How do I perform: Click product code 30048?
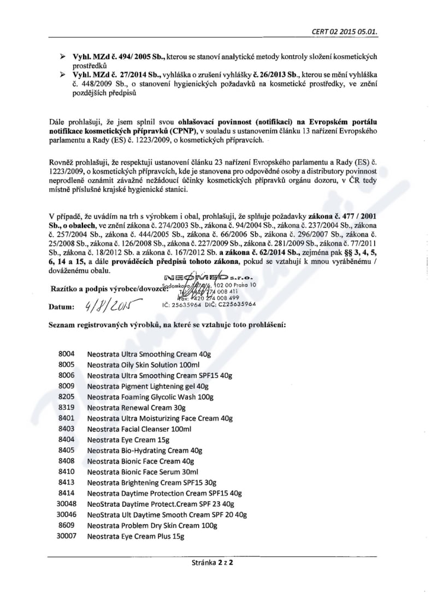[66, 504]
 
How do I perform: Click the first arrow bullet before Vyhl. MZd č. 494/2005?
[62, 57]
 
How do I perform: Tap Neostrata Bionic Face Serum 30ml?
[143, 472]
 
